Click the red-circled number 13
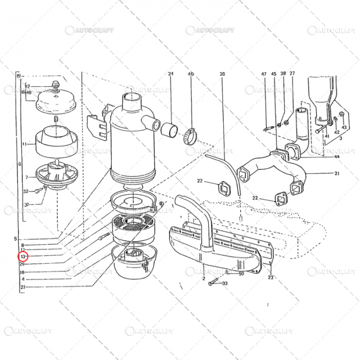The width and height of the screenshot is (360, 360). [23, 256]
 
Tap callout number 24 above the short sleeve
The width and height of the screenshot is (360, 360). [170, 74]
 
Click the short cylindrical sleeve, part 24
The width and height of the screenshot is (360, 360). [170, 130]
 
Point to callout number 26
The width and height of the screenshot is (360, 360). [222, 74]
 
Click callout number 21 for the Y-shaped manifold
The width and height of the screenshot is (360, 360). [337, 173]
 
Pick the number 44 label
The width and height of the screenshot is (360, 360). [337, 156]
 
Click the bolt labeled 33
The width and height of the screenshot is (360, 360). [215, 282]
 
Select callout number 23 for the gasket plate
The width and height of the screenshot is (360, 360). [271, 277]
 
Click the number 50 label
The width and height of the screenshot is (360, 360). [241, 274]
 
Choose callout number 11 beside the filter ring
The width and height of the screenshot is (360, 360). [24, 145]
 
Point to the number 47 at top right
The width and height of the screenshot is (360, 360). [264, 74]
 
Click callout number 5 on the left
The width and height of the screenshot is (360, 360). [16, 239]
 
